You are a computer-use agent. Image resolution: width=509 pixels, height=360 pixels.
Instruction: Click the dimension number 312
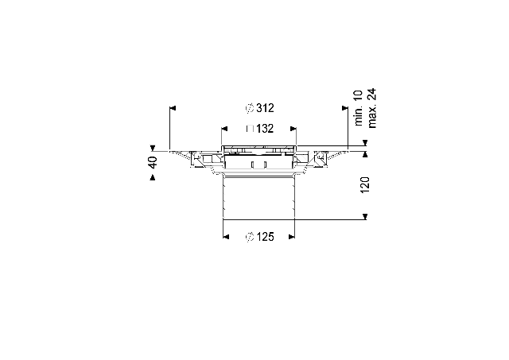pos(265,108)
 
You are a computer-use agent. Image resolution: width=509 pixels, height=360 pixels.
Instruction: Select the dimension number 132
pos(265,129)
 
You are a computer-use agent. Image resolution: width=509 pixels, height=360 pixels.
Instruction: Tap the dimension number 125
pos(265,237)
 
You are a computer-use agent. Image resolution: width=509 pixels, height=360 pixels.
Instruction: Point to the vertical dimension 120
pos(365,185)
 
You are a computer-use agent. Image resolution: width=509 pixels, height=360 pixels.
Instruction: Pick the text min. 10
pos(358,108)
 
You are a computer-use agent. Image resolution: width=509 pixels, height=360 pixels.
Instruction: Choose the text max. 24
pos(372,108)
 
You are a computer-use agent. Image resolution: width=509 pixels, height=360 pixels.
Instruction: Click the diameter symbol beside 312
pos(250,108)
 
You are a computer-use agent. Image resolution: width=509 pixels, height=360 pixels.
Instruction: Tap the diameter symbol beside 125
pos(250,237)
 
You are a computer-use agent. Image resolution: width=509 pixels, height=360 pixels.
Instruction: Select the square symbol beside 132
pos(250,129)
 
